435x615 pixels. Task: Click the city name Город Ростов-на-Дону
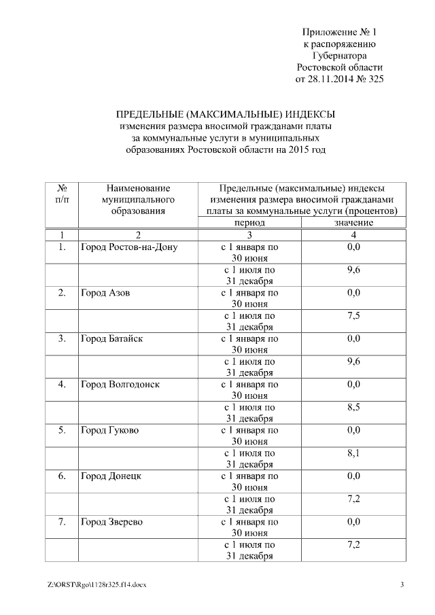click(x=128, y=247)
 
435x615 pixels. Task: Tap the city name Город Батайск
click(x=111, y=338)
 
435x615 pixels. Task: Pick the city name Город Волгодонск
click(x=120, y=384)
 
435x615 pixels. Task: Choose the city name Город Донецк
click(x=110, y=476)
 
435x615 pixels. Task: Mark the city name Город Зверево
click(x=111, y=522)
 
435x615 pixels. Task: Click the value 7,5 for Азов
click(x=353, y=315)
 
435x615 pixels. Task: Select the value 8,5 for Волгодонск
click(x=353, y=407)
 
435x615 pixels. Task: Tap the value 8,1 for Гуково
click(x=353, y=453)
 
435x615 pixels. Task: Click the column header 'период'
click(x=249, y=223)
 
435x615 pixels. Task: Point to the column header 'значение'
click(x=353, y=223)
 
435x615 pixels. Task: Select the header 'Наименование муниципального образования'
click(x=137, y=199)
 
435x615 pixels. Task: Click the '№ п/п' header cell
click(x=61, y=194)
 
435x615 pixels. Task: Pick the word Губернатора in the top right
click(x=339, y=56)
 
